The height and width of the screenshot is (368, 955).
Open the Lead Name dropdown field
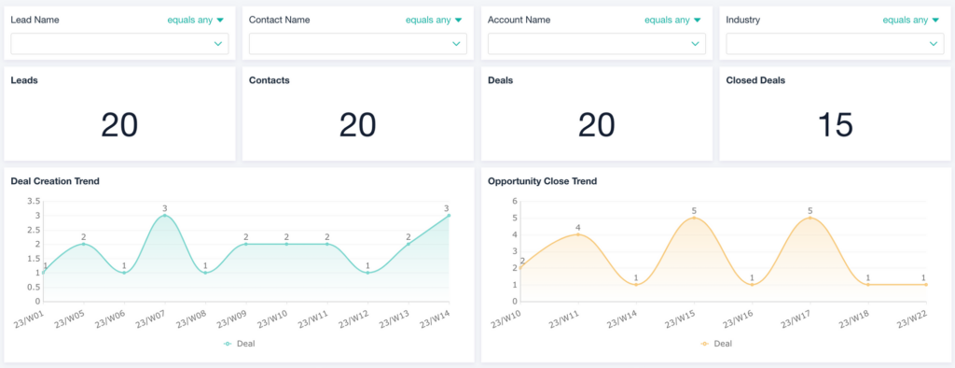[119, 44]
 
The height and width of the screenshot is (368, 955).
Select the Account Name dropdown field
[597, 44]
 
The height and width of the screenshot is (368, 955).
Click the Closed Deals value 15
[835, 124]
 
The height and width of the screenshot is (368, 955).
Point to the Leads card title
[24, 80]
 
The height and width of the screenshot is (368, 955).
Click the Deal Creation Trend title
[55, 181]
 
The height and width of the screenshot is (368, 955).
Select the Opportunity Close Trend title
[542, 181]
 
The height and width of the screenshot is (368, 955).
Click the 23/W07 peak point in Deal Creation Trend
[165, 216]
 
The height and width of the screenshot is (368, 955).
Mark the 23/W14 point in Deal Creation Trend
[449, 216]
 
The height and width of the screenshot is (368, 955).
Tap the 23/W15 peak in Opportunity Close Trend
[695, 218]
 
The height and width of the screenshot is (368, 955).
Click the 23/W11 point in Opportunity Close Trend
[579, 234]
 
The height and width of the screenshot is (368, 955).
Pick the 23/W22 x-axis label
[910, 318]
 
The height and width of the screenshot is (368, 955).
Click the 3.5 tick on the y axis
[33, 201]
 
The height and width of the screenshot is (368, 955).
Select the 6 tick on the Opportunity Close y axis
[514, 201]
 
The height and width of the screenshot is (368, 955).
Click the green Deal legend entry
[240, 344]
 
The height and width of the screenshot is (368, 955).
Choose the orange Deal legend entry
[716, 344]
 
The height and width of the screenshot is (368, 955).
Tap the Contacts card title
[269, 80]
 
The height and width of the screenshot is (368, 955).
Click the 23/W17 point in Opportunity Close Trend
[810, 218]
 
